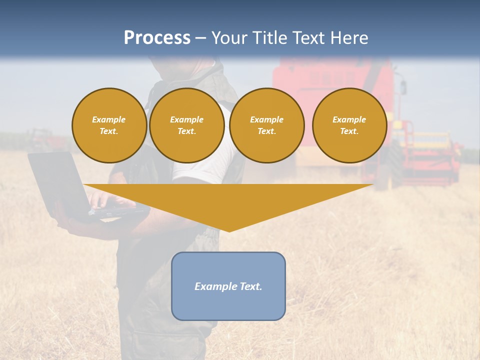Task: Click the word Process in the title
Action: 157,38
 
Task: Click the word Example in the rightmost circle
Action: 349,119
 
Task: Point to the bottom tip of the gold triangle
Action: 229,230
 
